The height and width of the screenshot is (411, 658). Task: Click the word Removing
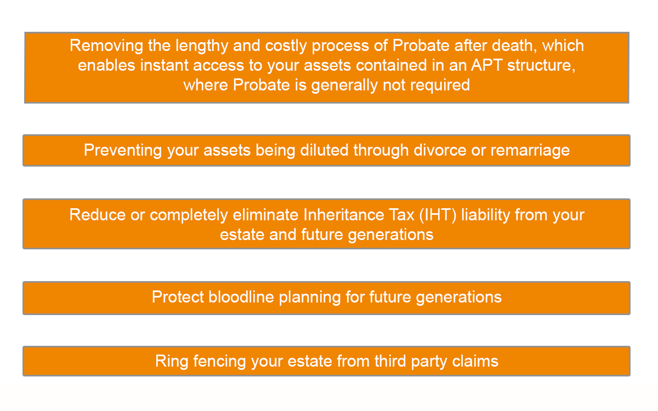pyautogui.click(x=106, y=47)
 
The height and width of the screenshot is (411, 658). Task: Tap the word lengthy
pyautogui.click(x=202, y=47)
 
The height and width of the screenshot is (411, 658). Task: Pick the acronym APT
pyautogui.click(x=487, y=65)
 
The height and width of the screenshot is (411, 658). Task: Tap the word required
pyautogui.click(x=440, y=85)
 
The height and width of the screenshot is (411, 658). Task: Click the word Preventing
pyautogui.click(x=123, y=151)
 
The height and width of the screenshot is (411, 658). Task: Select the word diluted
pyautogui.click(x=324, y=150)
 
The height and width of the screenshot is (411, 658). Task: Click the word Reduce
pyautogui.click(x=98, y=215)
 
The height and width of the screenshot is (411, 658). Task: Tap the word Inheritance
pyautogui.click(x=343, y=215)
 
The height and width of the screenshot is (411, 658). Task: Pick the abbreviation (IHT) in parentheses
pyautogui.click(x=438, y=215)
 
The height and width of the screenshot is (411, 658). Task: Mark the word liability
pyautogui.click(x=485, y=215)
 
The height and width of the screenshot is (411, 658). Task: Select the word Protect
pyautogui.click(x=178, y=297)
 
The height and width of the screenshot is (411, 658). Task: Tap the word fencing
pyautogui.click(x=219, y=362)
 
